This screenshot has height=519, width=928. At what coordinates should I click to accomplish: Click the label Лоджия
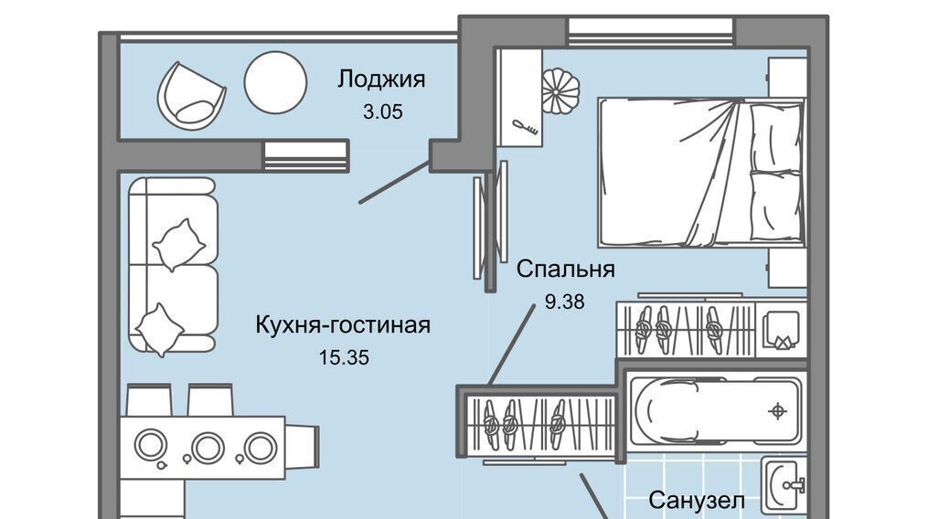pyautogui.click(x=381, y=79)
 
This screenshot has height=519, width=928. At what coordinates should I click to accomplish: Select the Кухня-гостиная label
pyautogui.click(x=343, y=325)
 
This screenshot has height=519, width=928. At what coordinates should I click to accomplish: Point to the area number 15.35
pyautogui.click(x=343, y=358)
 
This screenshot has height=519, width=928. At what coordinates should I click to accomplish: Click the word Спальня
pyautogui.click(x=565, y=270)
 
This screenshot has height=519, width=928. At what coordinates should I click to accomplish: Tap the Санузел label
pyautogui.click(x=697, y=501)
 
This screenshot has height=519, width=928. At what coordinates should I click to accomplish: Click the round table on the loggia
pyautogui.click(x=274, y=82)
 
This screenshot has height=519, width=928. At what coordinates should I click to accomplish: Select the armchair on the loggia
pyautogui.click(x=190, y=92)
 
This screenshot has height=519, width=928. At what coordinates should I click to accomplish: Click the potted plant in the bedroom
pyautogui.click(x=560, y=92)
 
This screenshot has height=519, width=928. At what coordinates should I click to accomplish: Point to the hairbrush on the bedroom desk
pyautogui.click(x=526, y=126)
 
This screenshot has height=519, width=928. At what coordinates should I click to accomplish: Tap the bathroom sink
pyautogui.click(x=784, y=483)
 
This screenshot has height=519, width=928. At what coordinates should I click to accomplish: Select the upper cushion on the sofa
pyautogui.click(x=178, y=245)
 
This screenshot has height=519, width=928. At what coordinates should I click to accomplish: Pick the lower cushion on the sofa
pyautogui.click(x=160, y=327)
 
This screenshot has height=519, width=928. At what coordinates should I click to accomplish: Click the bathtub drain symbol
pyautogui.click(x=778, y=409)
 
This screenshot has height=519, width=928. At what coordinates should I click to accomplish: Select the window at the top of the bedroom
pyautogui.click(x=650, y=31)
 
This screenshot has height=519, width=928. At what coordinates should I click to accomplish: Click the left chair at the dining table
pyautogui.click(x=147, y=400)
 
